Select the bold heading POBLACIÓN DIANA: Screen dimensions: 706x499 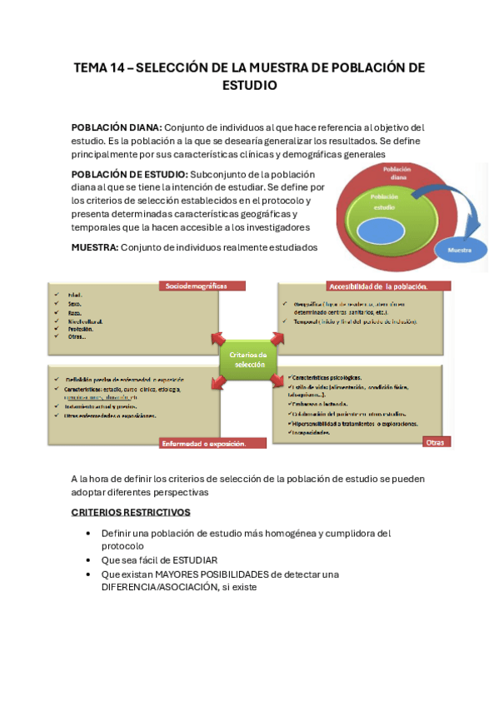(x=116, y=127)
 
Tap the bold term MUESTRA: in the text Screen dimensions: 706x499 (x=95, y=247)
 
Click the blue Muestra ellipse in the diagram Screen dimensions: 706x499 (x=460, y=250)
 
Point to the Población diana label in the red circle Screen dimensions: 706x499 (x=397, y=173)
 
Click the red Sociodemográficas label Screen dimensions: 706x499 (x=200, y=286)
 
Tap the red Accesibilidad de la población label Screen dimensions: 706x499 (x=388, y=286)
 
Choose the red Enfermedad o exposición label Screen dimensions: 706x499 (x=212, y=444)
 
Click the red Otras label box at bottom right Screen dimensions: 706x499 (x=436, y=442)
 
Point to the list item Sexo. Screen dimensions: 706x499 (x=73, y=304)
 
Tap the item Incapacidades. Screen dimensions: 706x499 (x=313, y=433)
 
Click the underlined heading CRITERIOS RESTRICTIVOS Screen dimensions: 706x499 (x=130, y=512)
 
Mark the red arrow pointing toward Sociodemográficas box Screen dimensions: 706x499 (x=219, y=339)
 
